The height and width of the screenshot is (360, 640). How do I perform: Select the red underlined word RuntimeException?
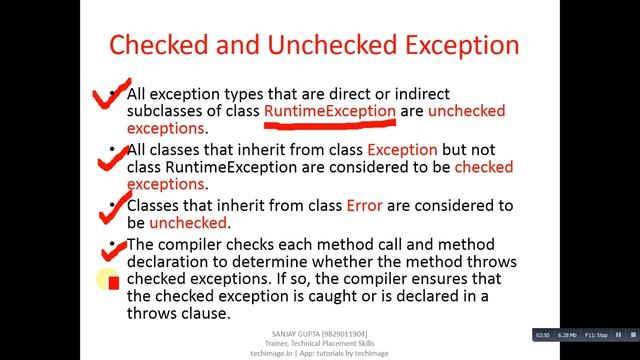pyautogui.click(x=330, y=111)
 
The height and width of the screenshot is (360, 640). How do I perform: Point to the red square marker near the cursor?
pyautogui.click(x=113, y=282)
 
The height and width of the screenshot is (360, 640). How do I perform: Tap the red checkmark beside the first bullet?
pyautogui.click(x=113, y=95)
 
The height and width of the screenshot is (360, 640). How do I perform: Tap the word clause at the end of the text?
pyautogui.click(x=206, y=314)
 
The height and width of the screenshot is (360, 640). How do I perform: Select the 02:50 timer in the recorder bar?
pyautogui.click(x=543, y=333)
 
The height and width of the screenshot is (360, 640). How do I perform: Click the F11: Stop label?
pyautogui.click(x=597, y=333)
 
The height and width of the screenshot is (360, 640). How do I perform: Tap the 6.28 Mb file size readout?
pyautogui.click(x=568, y=333)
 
